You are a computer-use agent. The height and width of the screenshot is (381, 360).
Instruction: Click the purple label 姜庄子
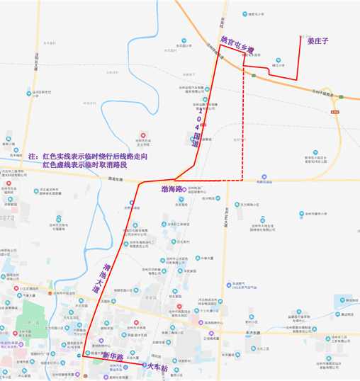tap(319, 42)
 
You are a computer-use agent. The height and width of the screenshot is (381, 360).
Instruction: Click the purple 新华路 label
tap(113, 355)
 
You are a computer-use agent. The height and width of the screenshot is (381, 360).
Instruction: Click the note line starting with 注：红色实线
tap(88, 155)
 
